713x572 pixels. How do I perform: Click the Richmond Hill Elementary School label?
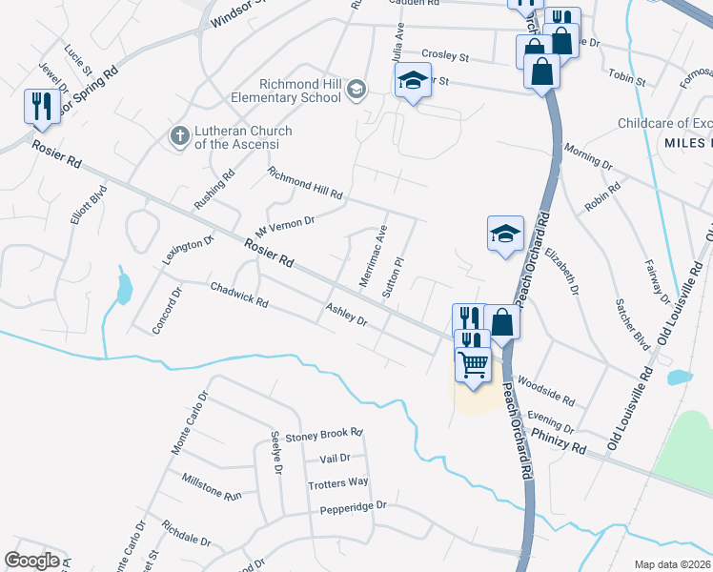click(x=286, y=90)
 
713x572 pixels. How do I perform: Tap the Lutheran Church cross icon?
click(x=179, y=136)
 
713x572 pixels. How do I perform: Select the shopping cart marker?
click(x=474, y=363)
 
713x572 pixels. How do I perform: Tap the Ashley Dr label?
click(x=347, y=314)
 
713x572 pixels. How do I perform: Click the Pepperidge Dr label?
click(x=354, y=506)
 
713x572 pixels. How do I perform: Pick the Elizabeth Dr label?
click(x=569, y=271)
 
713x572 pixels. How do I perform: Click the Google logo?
click(x=31, y=561)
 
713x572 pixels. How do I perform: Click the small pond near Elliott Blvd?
click(x=123, y=288)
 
